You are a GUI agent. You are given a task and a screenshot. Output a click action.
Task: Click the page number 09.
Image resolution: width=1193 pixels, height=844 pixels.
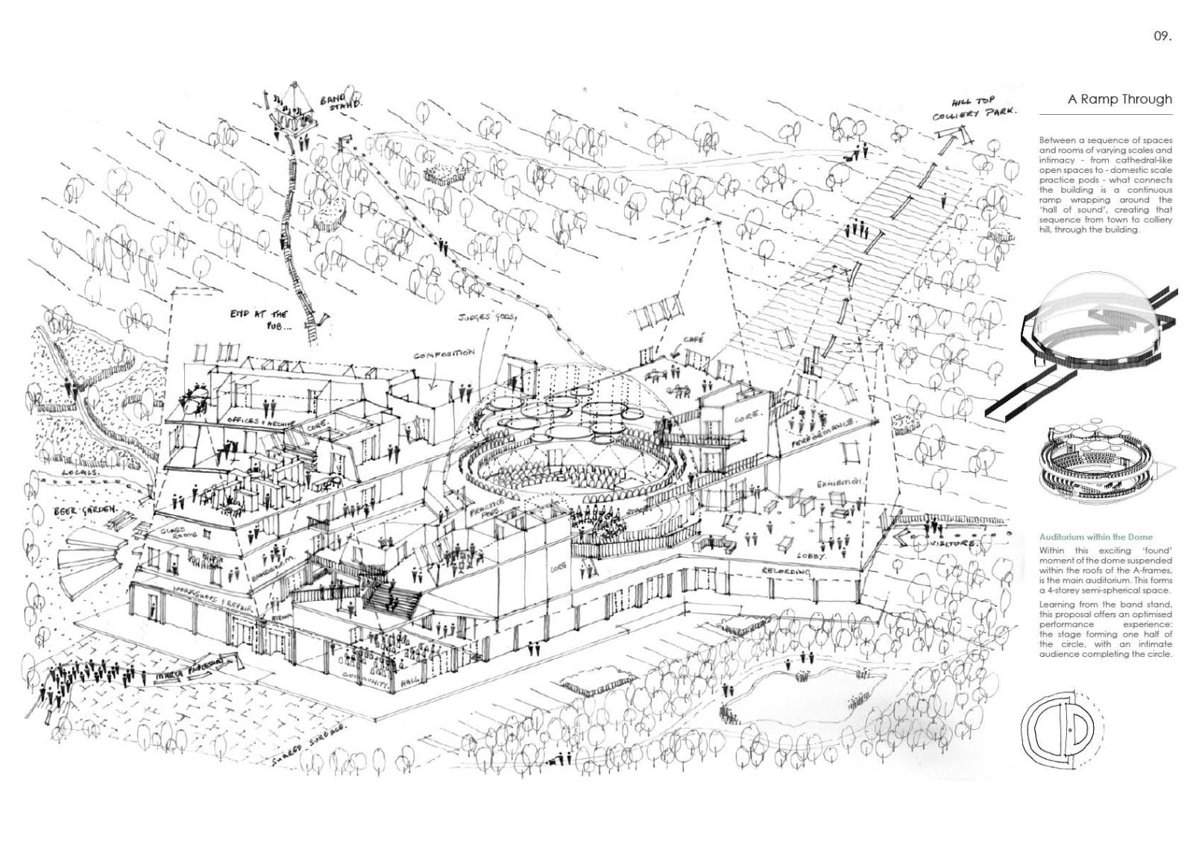[x=1162, y=36]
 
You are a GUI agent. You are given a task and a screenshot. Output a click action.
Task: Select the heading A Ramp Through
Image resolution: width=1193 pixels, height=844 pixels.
[x=1119, y=99]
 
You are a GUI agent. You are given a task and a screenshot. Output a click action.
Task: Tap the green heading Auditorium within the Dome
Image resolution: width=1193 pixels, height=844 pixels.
[x=1085, y=537]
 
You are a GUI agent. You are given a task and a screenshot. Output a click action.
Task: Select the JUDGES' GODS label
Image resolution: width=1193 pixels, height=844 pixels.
[x=488, y=316]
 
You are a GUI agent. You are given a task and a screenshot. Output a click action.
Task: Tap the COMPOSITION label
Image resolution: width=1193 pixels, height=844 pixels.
[x=444, y=354]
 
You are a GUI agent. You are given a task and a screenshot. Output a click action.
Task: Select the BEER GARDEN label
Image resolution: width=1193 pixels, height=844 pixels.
[x=86, y=511]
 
